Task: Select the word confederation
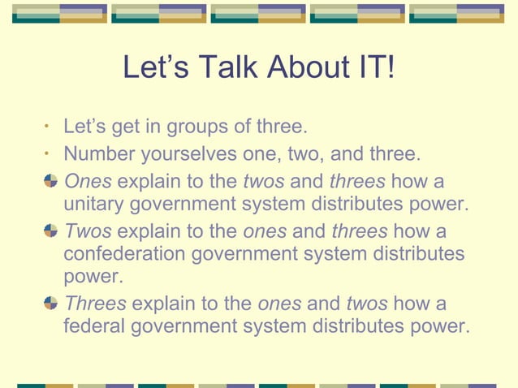124,254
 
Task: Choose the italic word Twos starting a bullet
88,231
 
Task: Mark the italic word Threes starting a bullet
95,304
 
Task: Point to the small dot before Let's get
49,127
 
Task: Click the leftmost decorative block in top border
59,14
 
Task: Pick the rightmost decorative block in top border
456,14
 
